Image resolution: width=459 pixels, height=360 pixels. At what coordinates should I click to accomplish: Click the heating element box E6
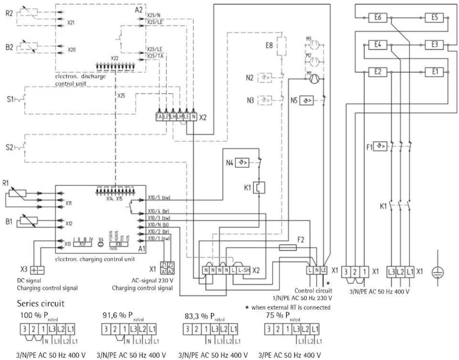pos(377,17)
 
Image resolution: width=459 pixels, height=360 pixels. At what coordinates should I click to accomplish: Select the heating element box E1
pos(434,72)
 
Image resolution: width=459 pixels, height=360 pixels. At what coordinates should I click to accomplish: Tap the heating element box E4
pos(377,45)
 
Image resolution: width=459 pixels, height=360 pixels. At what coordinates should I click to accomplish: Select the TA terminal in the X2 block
pos(159,117)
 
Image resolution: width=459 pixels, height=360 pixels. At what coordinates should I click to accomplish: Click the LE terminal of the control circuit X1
pos(324,270)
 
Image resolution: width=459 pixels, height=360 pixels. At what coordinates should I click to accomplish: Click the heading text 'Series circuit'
pos(41,303)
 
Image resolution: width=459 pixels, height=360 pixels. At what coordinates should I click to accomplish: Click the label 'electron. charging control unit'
pos(95,259)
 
